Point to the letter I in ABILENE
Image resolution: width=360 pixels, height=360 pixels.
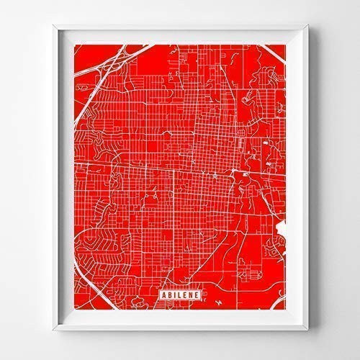click(x=170, y=294)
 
